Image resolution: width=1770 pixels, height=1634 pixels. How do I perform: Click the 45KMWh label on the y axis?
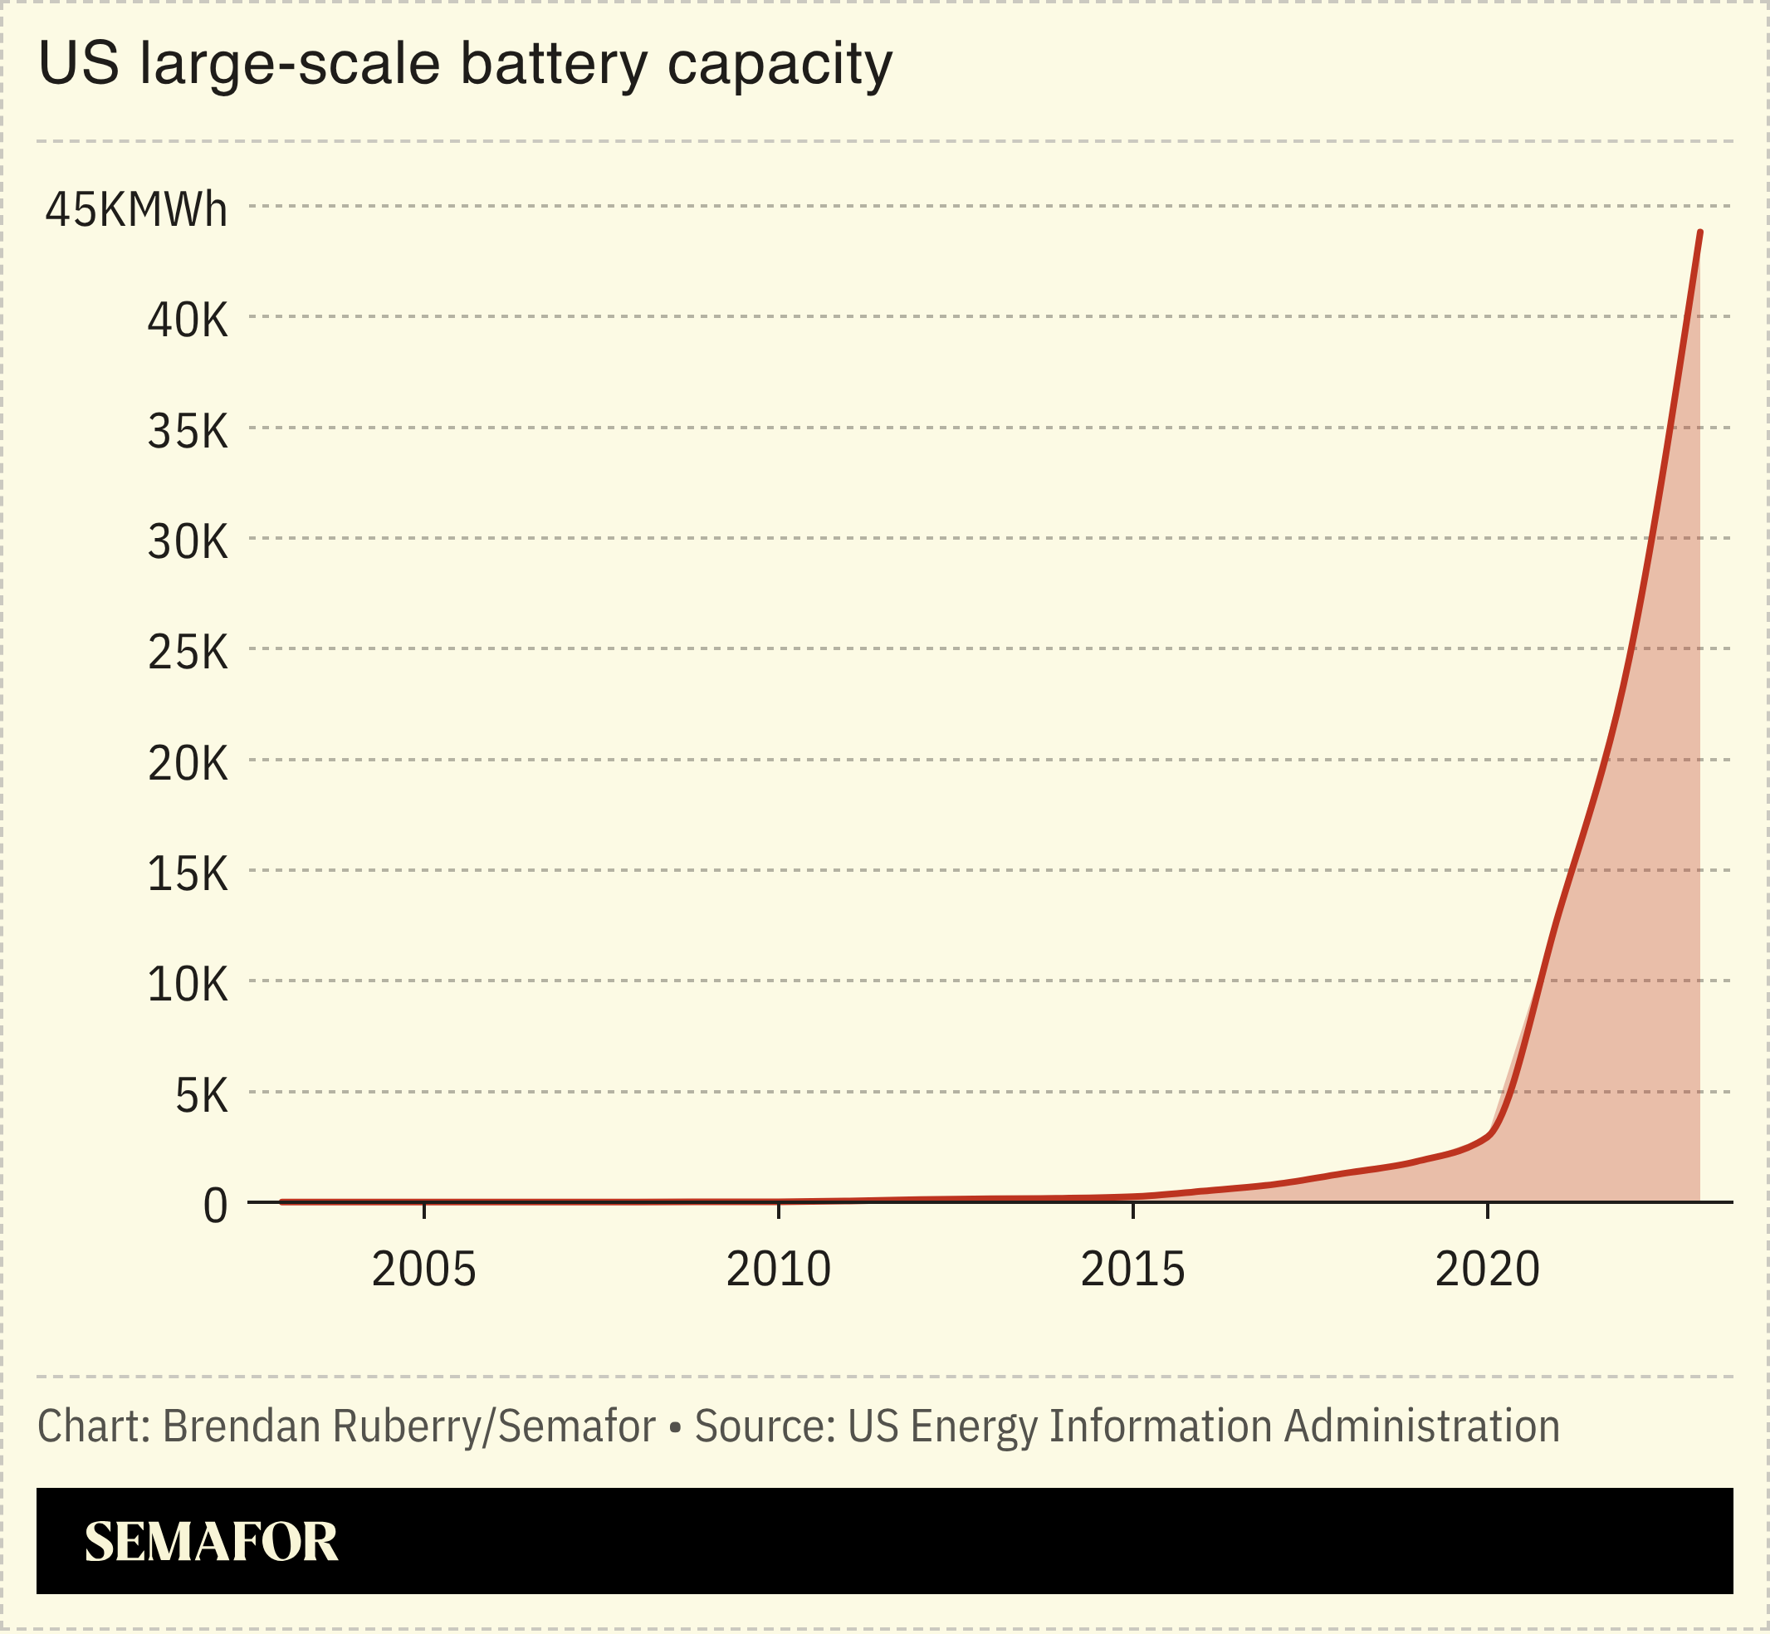[136, 210]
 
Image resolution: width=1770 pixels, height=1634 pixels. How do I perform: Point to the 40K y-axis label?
[188, 320]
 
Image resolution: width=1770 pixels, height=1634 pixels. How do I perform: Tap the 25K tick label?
[188, 653]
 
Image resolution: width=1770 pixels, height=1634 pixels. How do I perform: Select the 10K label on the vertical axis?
[188, 984]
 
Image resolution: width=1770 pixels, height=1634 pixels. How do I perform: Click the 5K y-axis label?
[202, 1095]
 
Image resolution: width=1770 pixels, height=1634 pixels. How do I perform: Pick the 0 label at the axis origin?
[216, 1206]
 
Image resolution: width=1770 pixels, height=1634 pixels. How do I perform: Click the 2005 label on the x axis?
[423, 1270]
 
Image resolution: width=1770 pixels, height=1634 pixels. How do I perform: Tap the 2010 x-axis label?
[778, 1270]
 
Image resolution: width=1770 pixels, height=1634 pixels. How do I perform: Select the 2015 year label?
[1132, 1270]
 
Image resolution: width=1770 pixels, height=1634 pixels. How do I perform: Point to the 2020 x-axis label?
[1487, 1270]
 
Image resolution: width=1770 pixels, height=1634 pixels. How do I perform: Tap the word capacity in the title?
[779, 66]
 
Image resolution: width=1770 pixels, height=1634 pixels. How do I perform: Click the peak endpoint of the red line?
[1699, 232]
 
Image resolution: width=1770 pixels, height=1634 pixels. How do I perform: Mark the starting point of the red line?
[282, 1201]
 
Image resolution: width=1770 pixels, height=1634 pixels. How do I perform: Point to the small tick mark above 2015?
[1132, 1211]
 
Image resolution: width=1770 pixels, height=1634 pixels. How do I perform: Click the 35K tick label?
[188, 432]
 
